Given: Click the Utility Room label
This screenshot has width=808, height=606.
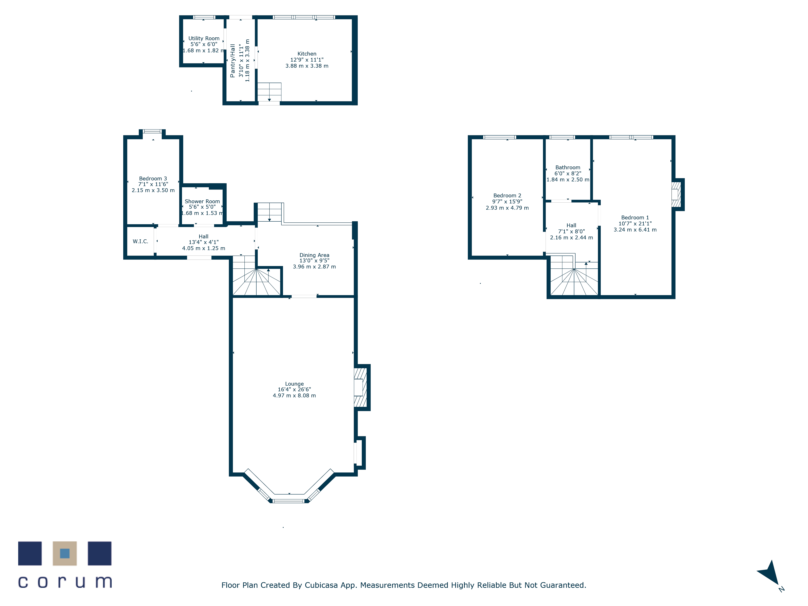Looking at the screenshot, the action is pos(204,38).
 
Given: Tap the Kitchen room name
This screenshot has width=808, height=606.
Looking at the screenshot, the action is pos(307,54).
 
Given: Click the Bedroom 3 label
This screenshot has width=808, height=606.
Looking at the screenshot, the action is pos(153,179).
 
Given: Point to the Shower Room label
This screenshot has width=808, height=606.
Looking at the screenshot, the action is pos(202,201).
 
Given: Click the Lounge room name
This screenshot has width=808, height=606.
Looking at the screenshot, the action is pos(295,384).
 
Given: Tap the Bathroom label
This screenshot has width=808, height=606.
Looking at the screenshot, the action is pos(568,167).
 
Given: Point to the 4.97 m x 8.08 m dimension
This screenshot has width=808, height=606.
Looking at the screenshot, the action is pos(295,396).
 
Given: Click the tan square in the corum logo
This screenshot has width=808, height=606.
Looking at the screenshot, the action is pos(65,553).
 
